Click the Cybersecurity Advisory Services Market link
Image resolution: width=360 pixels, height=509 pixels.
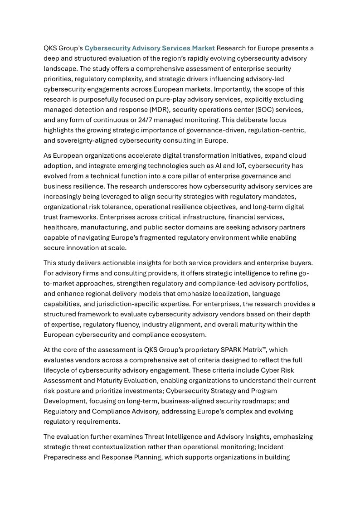(x=150, y=48)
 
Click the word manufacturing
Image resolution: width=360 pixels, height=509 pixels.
(x=116, y=227)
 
